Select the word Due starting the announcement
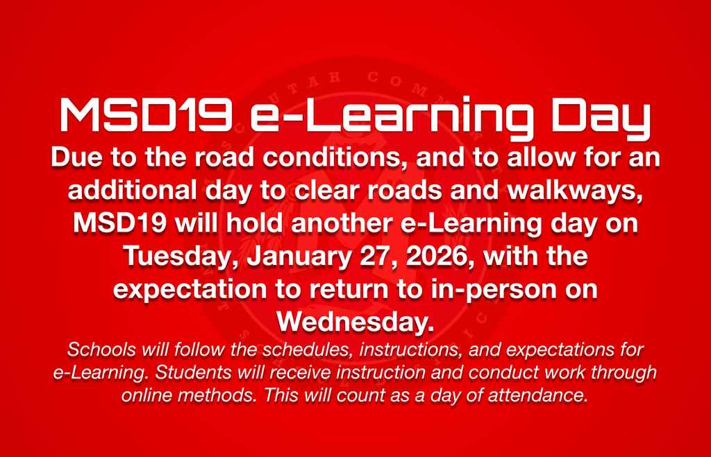(74, 158)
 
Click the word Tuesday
(181, 257)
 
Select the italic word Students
(185, 372)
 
